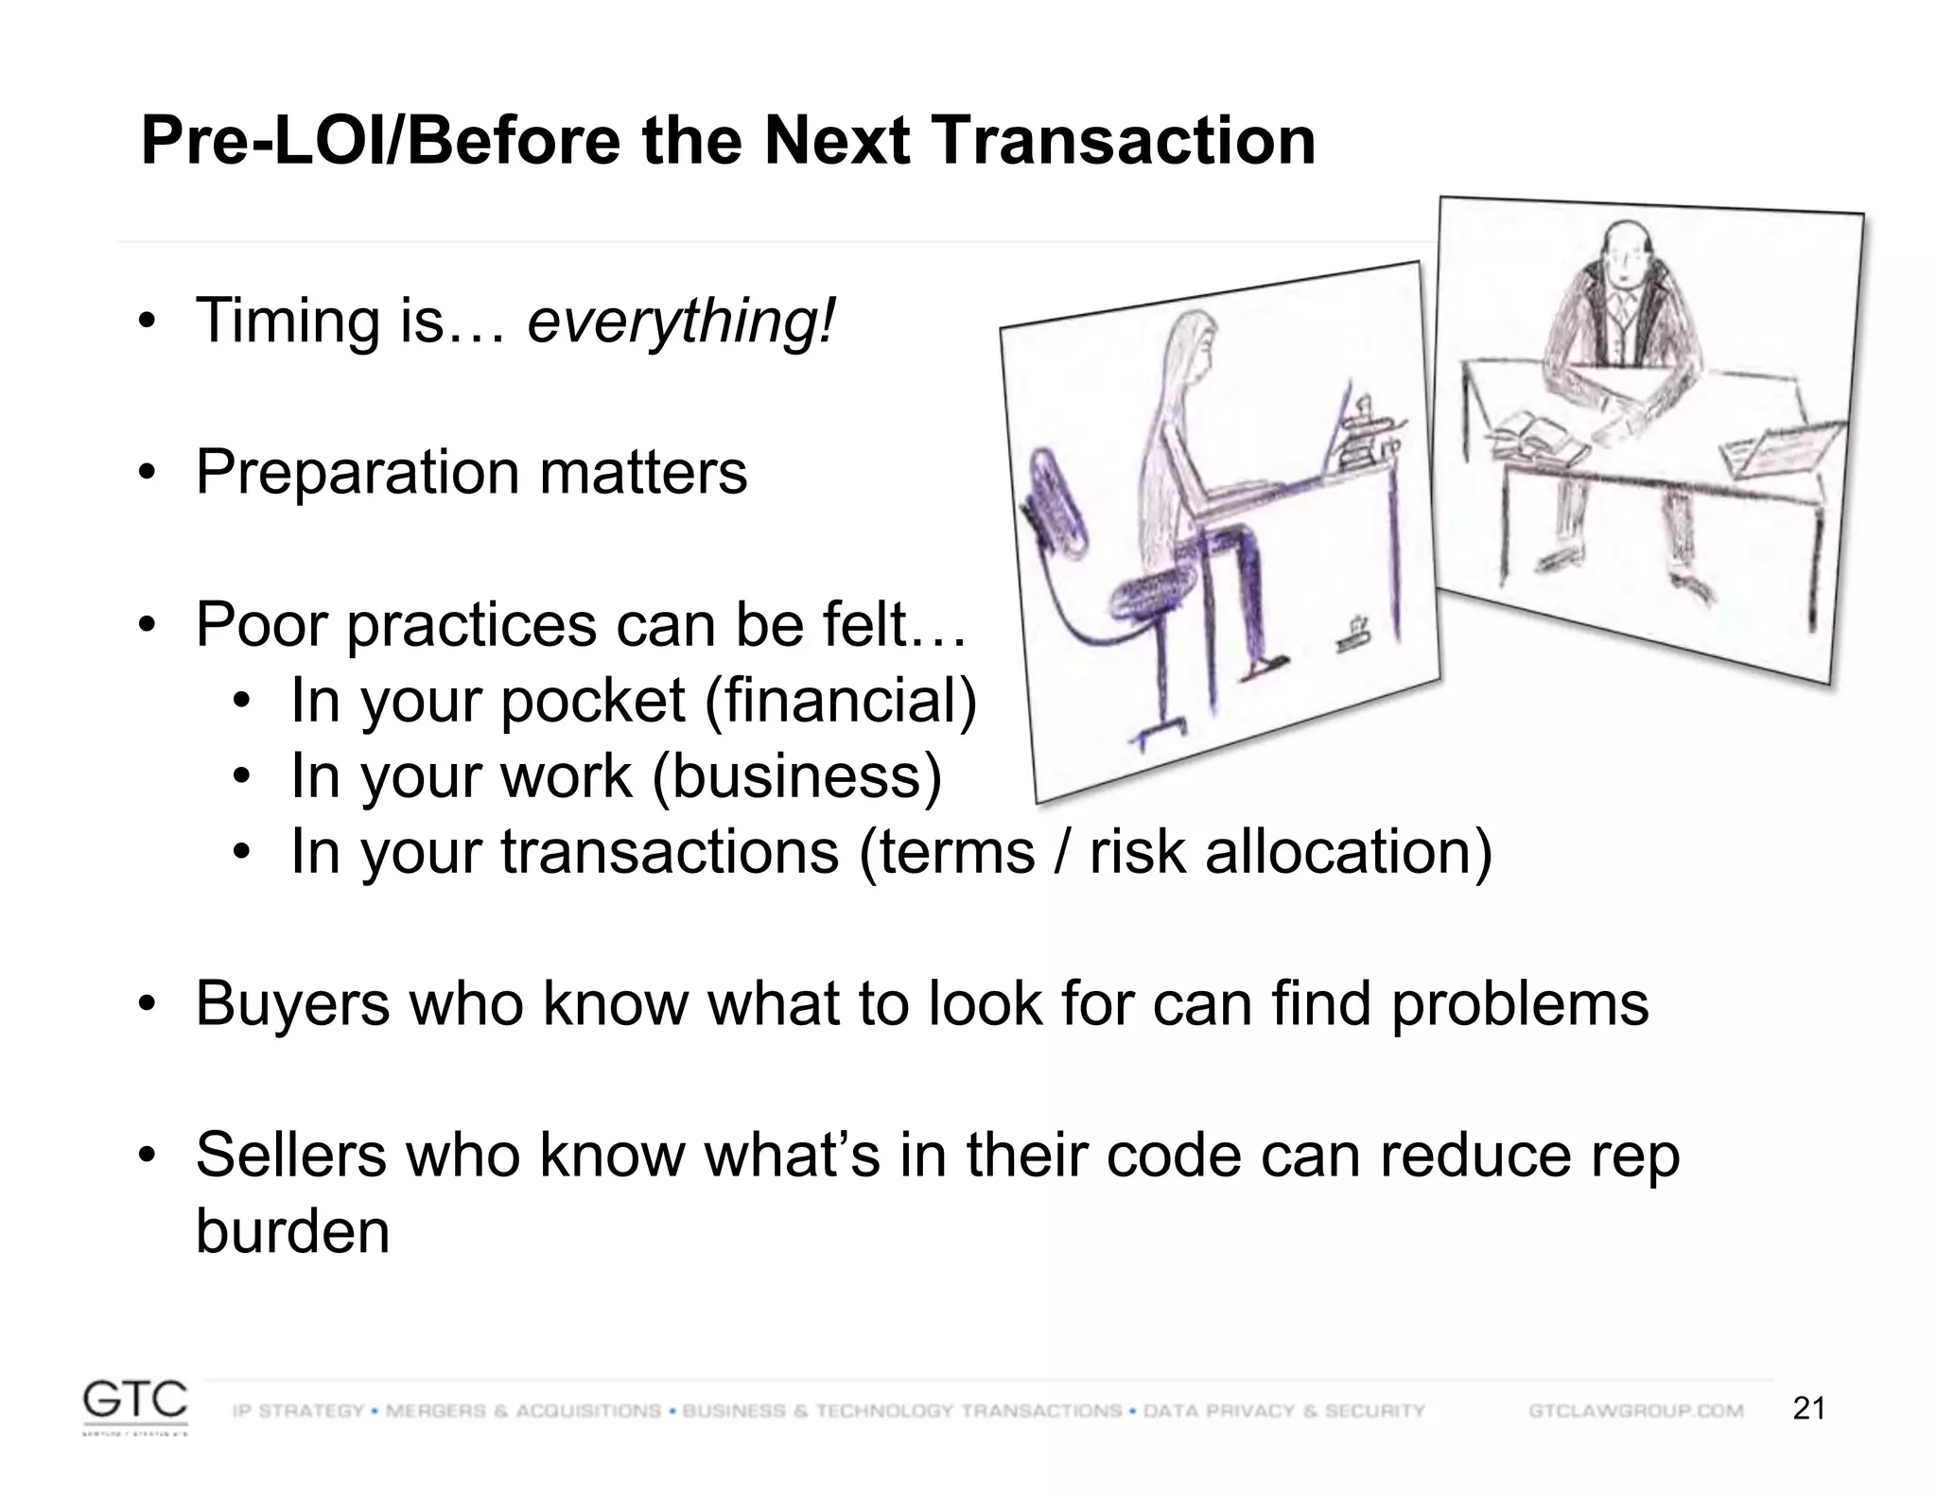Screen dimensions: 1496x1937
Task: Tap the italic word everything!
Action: pos(681,322)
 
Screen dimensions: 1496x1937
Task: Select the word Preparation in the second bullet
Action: pos(357,473)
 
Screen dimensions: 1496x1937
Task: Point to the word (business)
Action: pos(796,776)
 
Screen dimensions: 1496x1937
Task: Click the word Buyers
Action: pos(292,1003)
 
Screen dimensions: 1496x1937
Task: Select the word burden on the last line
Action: pos(292,1231)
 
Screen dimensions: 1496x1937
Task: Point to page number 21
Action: pos(1808,1409)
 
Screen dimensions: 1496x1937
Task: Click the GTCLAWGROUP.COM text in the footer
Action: pos(1635,1411)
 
